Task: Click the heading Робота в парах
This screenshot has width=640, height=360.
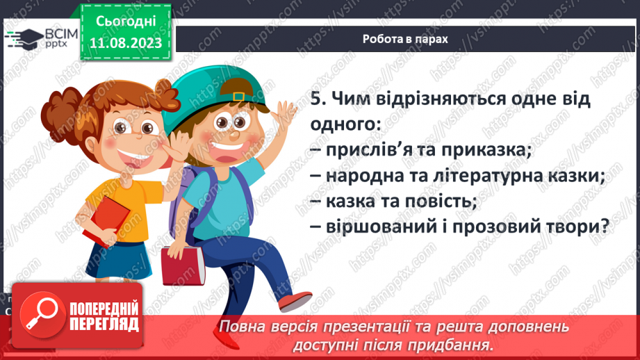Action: point(405,39)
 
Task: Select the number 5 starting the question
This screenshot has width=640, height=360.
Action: point(315,99)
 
